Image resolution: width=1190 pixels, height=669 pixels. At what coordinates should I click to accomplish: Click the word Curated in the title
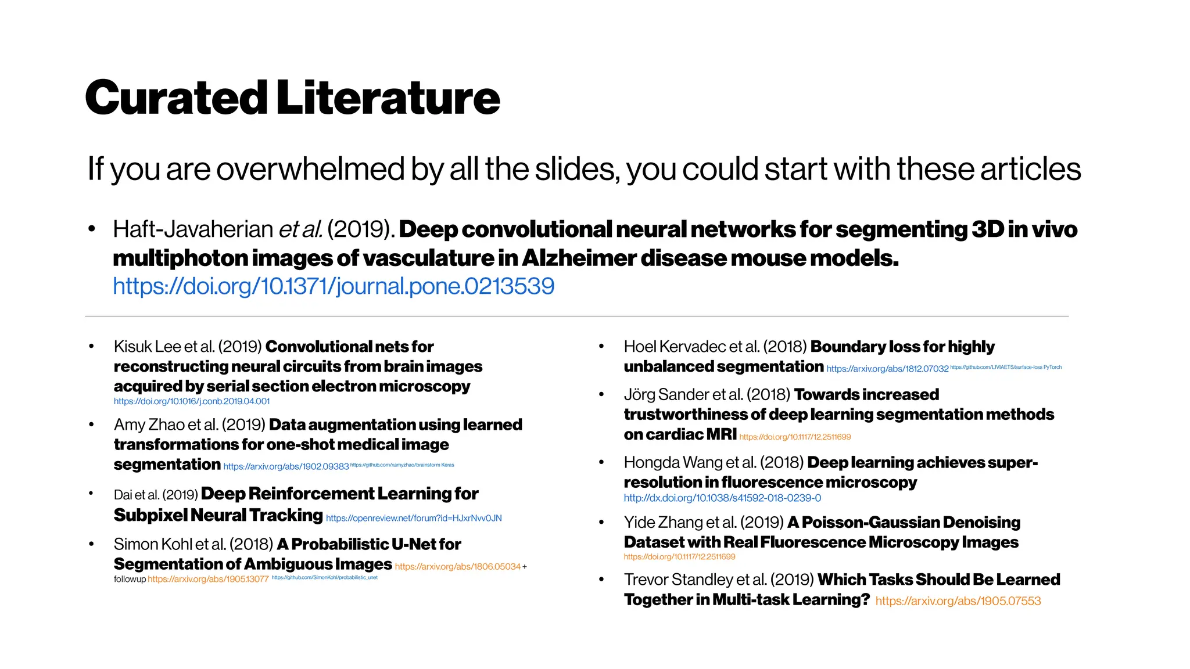[x=176, y=98]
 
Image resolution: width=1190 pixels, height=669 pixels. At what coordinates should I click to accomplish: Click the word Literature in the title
[x=388, y=98]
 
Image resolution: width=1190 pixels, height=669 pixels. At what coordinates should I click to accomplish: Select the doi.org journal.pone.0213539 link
[x=334, y=286]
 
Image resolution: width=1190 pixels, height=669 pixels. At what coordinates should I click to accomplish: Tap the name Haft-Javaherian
[x=192, y=229]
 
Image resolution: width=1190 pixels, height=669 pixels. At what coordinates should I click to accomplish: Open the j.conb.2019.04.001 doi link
[x=192, y=401]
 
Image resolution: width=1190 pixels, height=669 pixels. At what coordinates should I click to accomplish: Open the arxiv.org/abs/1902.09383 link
[x=286, y=466]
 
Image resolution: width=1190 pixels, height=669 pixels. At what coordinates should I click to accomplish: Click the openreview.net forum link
[x=414, y=518]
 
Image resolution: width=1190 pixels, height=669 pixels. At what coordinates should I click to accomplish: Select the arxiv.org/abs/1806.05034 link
[x=458, y=567]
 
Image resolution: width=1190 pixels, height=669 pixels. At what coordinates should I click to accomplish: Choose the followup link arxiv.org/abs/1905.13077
[x=208, y=579]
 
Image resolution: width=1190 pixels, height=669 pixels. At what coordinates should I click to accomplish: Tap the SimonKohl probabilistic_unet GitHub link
[x=324, y=577]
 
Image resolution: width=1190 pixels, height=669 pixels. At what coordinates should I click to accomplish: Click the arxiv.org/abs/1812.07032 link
[x=887, y=369]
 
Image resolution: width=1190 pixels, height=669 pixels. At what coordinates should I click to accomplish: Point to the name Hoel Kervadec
[x=674, y=347]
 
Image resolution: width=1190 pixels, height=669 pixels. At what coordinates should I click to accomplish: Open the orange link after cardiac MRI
[x=795, y=437]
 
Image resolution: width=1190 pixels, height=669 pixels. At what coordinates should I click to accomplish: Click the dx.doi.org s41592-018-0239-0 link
[x=722, y=498]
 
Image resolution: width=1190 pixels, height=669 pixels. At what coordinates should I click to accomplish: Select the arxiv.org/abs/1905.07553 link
[x=958, y=601]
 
